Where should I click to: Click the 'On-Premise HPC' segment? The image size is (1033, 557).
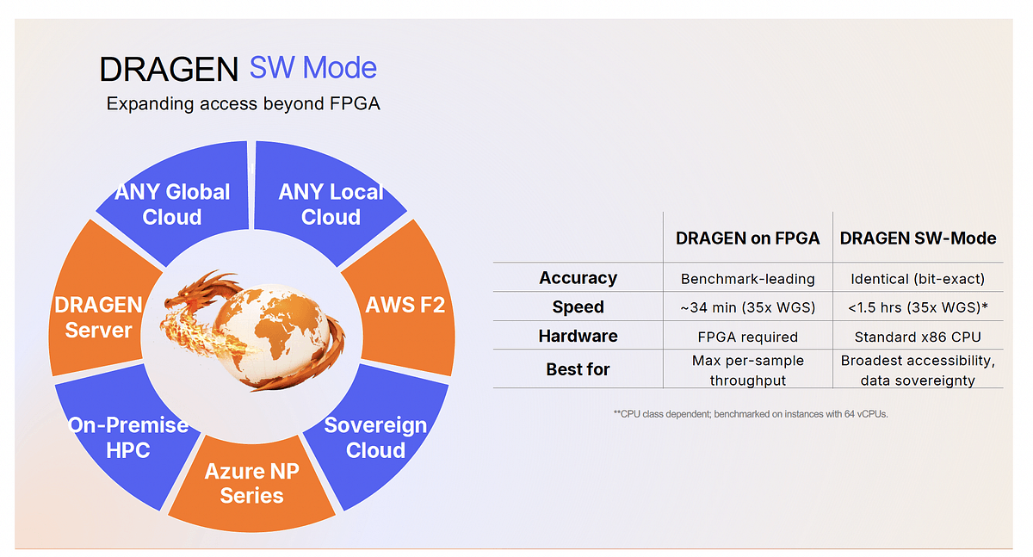128,437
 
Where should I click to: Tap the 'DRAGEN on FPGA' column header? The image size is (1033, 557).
747,238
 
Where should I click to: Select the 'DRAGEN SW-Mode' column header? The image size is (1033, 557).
918,238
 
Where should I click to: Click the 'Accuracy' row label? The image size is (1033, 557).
578,278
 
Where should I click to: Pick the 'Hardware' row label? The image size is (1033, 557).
578,336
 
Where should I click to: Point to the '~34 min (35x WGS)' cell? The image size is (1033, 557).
747,307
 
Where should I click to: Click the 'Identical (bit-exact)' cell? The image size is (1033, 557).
918,279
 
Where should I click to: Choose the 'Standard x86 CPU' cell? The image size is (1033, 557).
918,337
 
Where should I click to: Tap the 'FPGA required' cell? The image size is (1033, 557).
747,337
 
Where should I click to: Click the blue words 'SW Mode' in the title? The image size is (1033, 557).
313,68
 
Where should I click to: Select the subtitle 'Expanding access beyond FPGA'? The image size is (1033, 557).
243,104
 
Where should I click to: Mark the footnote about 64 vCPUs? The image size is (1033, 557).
751,414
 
